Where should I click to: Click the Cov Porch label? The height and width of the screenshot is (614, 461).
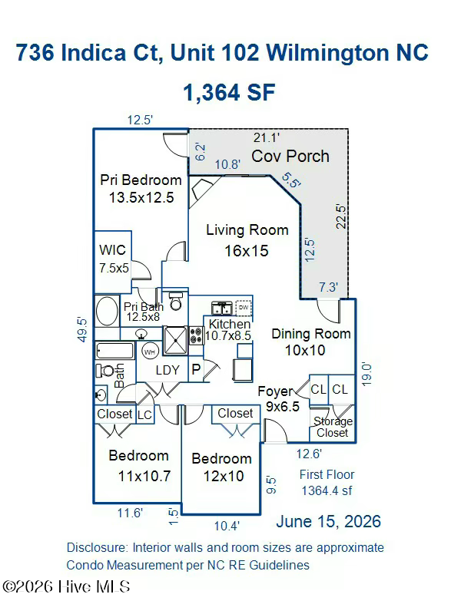(x=290, y=157)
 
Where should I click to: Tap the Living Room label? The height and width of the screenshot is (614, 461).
(x=247, y=229)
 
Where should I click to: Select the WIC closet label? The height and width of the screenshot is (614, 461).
(x=112, y=250)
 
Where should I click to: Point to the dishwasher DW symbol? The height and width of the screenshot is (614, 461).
(x=244, y=308)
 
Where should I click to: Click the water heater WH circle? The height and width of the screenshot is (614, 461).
(x=150, y=352)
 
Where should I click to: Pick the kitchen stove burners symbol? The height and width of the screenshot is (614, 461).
(x=196, y=335)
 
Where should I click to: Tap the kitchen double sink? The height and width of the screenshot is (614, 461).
(x=221, y=309)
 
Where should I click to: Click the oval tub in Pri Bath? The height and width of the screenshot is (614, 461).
(x=107, y=311)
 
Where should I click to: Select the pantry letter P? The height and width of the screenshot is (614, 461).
(x=196, y=369)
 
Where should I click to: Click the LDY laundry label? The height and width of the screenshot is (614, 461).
(x=167, y=370)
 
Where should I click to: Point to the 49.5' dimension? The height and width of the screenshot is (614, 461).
(x=82, y=330)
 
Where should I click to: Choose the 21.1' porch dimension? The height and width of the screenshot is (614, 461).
(x=266, y=137)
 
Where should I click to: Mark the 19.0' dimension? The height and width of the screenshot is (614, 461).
(x=366, y=375)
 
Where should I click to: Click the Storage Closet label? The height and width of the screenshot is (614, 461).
(x=333, y=427)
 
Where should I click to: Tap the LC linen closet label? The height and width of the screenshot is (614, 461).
(x=144, y=415)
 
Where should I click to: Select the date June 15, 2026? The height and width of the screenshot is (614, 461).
(x=329, y=522)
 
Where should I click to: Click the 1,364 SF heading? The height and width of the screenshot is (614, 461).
(x=229, y=92)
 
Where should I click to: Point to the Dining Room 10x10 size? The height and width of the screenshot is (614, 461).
(x=305, y=350)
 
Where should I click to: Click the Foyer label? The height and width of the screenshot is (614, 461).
(x=276, y=391)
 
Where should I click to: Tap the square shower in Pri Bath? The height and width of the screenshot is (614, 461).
(x=175, y=340)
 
